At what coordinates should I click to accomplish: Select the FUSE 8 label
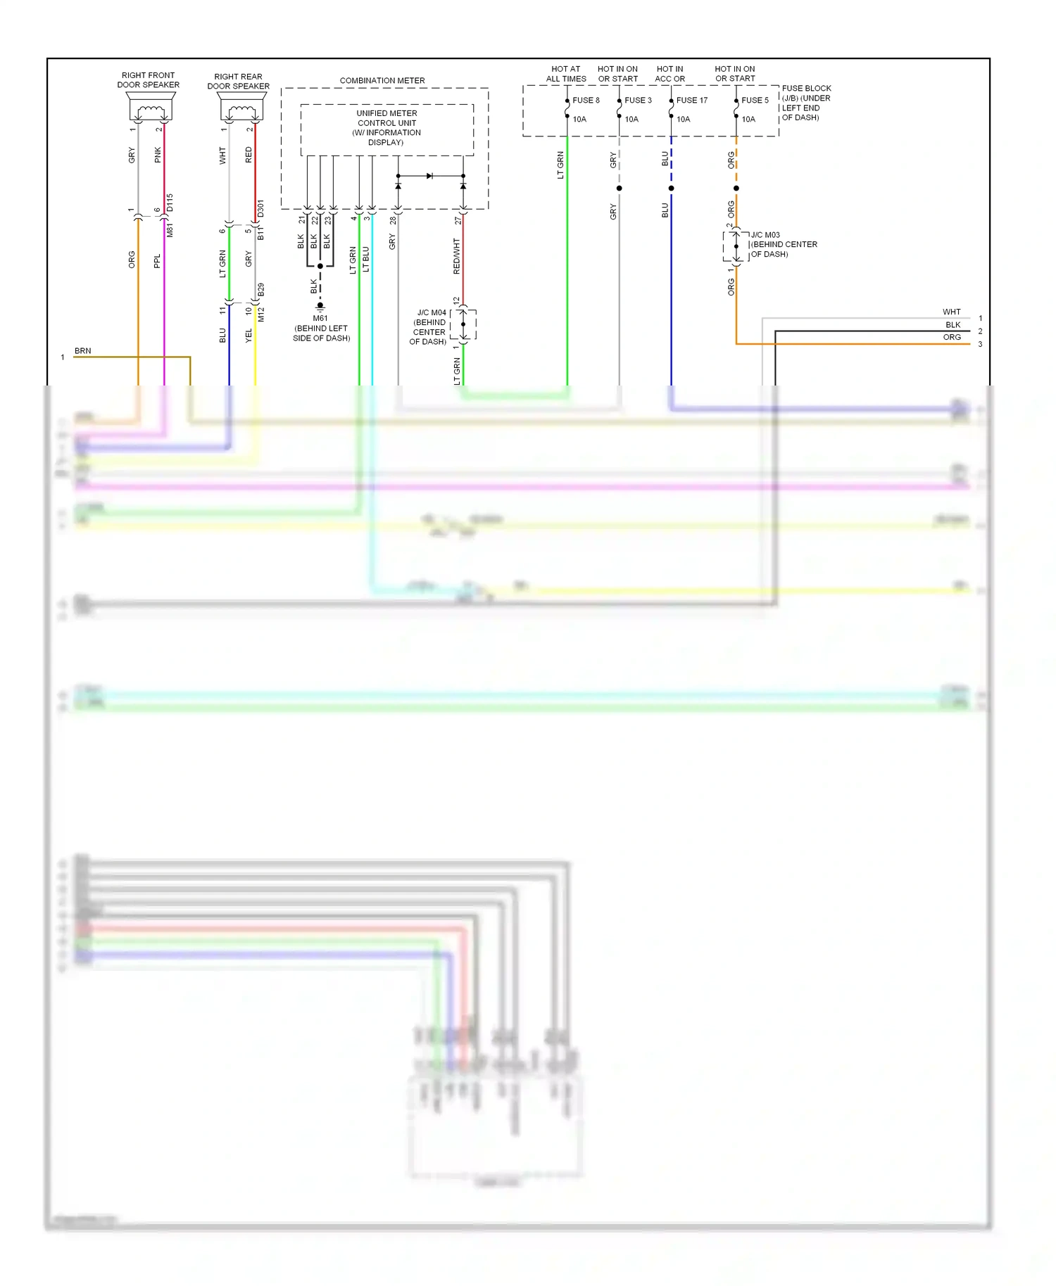[586, 101]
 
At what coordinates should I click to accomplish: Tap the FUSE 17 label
[691, 101]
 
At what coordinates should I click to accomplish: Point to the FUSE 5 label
[755, 101]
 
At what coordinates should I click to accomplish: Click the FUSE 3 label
[638, 101]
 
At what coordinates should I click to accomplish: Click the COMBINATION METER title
[382, 81]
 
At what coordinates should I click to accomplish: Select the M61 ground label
[320, 319]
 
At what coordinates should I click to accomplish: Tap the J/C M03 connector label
[765, 235]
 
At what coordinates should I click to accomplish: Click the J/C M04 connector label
[432, 313]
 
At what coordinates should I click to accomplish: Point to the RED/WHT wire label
[456, 256]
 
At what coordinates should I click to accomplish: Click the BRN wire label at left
[83, 351]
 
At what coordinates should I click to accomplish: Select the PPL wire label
[157, 261]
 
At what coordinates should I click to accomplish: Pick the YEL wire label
[249, 336]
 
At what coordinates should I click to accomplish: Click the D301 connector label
[260, 208]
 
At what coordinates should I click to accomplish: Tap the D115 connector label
[170, 203]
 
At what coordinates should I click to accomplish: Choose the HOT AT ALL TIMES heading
[566, 74]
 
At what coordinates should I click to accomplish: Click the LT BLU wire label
[366, 260]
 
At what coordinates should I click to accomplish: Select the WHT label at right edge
[951, 312]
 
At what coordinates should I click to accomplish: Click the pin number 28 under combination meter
[393, 220]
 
